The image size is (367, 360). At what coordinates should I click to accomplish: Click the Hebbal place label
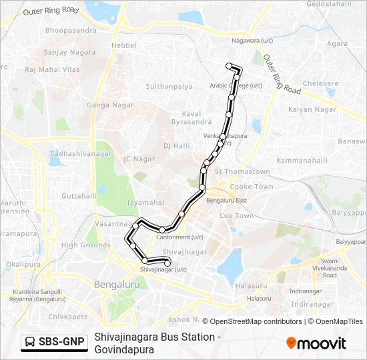pyautogui.click(x=123, y=45)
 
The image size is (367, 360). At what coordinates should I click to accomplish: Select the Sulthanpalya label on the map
pyautogui.click(x=169, y=87)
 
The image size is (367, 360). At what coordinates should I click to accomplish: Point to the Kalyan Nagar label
pyautogui.click(x=312, y=109)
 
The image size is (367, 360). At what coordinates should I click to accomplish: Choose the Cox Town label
pyautogui.click(x=236, y=216)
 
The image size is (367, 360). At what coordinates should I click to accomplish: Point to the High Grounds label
pyautogui.click(x=86, y=245)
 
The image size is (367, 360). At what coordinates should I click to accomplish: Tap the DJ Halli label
pyautogui.click(x=177, y=145)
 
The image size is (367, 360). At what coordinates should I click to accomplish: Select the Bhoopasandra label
pyautogui.click(x=71, y=31)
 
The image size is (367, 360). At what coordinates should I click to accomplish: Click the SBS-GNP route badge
pyautogui.click(x=55, y=342)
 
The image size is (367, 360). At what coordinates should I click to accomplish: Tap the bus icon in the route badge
pyautogui.click(x=31, y=342)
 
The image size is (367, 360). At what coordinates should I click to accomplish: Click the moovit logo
pyautogui.click(x=316, y=343)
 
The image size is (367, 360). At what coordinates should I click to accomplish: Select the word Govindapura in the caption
pyautogui.click(x=125, y=349)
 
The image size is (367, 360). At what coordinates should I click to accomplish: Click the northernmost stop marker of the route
pyautogui.click(x=229, y=65)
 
